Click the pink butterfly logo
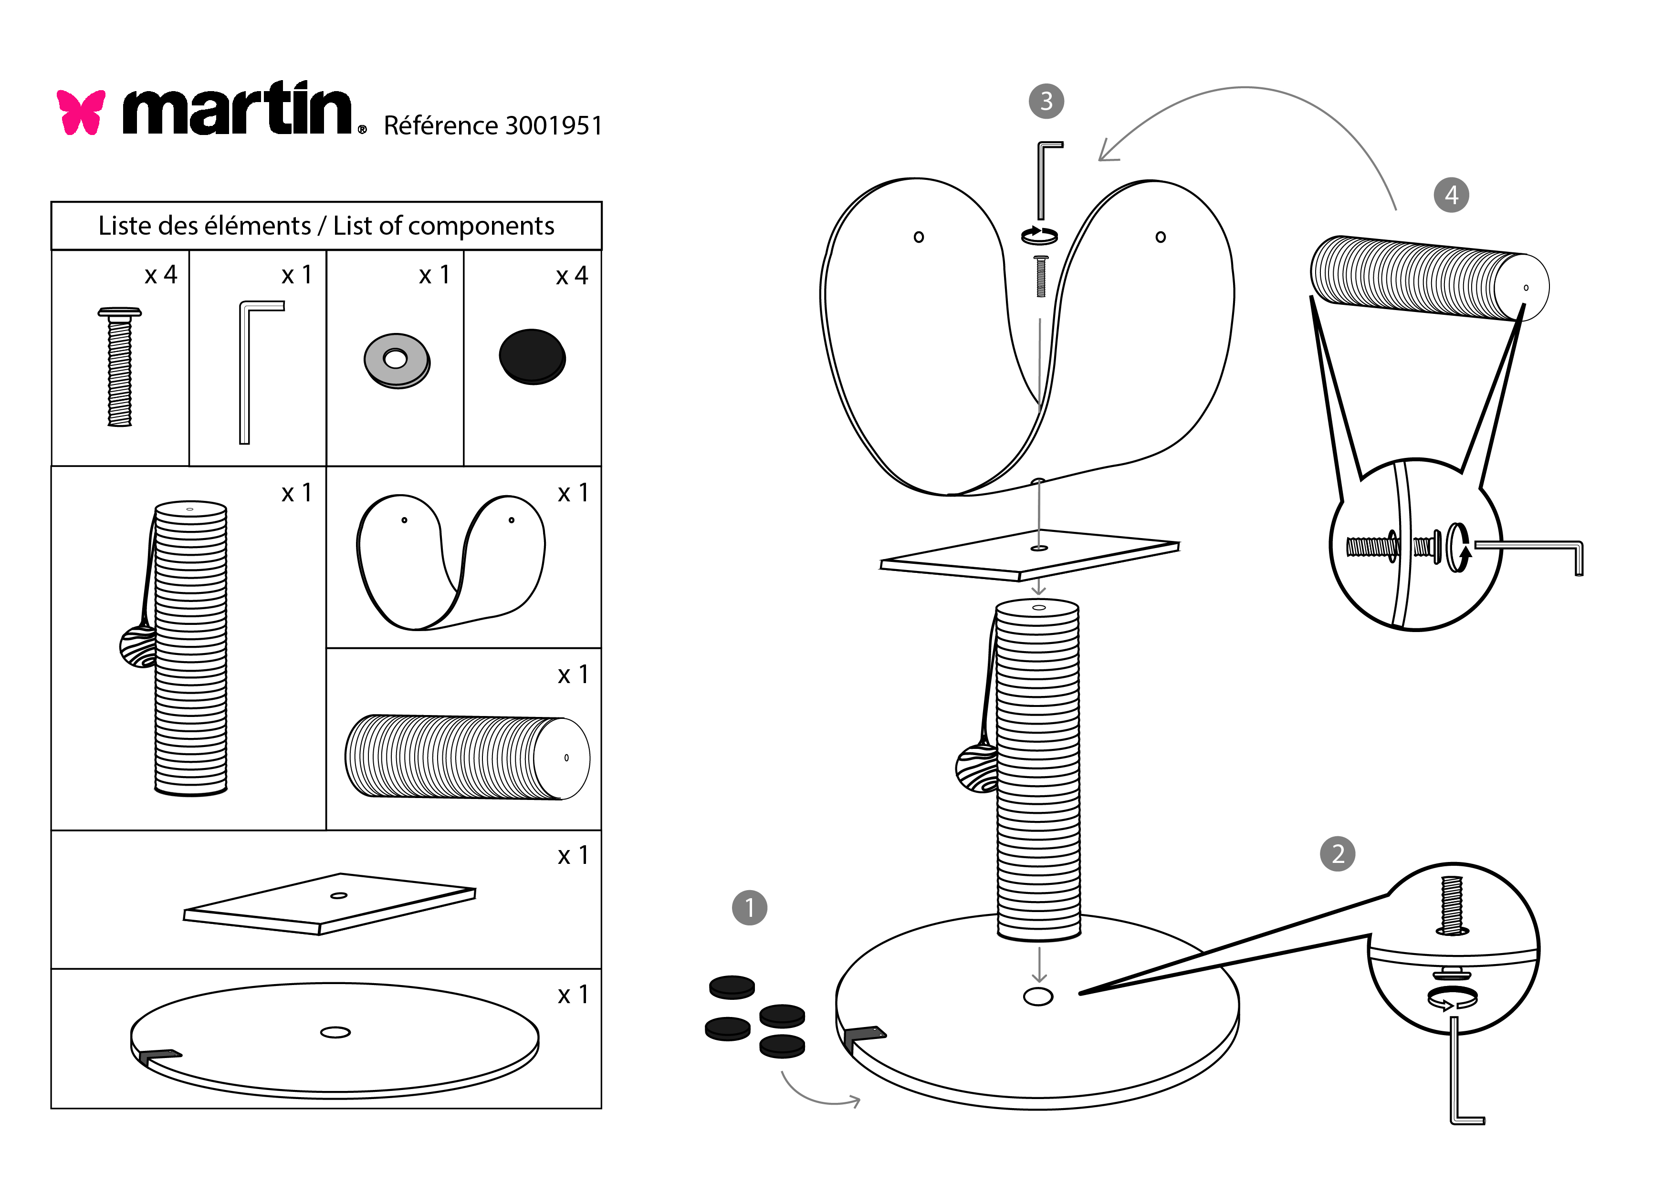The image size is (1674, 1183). pos(81,112)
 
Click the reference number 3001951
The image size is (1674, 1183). pos(554,126)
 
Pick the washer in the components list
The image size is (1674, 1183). pos(397,360)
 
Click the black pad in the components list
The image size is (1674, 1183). pos(532,356)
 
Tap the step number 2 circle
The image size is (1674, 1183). pos(1337,853)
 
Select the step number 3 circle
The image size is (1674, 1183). pos(1046,101)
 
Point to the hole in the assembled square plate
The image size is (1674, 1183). pos(1039,548)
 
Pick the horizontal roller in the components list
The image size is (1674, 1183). pos(467,757)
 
